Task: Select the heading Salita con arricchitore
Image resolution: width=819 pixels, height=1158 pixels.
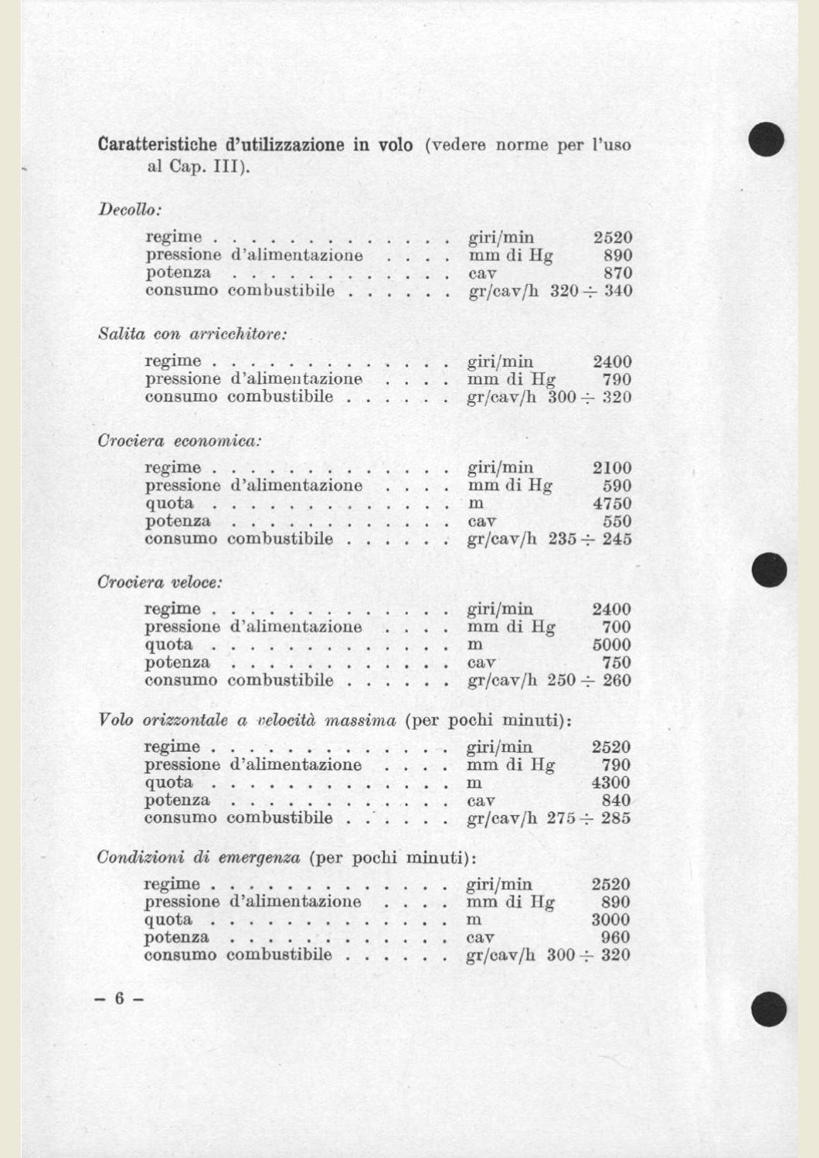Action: click(192, 334)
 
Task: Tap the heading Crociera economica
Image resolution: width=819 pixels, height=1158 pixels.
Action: click(179, 441)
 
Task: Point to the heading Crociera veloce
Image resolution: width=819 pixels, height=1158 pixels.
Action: click(159, 582)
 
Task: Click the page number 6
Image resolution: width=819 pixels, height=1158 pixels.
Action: click(119, 998)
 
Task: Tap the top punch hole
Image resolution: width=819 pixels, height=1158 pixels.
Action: click(766, 139)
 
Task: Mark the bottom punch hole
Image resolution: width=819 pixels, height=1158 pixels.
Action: click(768, 1010)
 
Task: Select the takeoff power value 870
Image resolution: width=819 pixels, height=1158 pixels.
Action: click(617, 273)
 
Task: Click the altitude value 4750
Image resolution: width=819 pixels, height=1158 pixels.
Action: click(612, 503)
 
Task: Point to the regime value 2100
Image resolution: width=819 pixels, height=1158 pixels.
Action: click(612, 468)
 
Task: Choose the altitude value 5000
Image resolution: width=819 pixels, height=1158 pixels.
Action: click(611, 645)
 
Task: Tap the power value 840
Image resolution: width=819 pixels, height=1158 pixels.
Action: click(616, 801)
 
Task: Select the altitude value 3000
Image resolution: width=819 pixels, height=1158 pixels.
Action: click(610, 919)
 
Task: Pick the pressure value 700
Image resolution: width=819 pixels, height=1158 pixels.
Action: click(616, 627)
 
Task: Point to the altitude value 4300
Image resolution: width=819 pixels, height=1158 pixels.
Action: click(610, 783)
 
